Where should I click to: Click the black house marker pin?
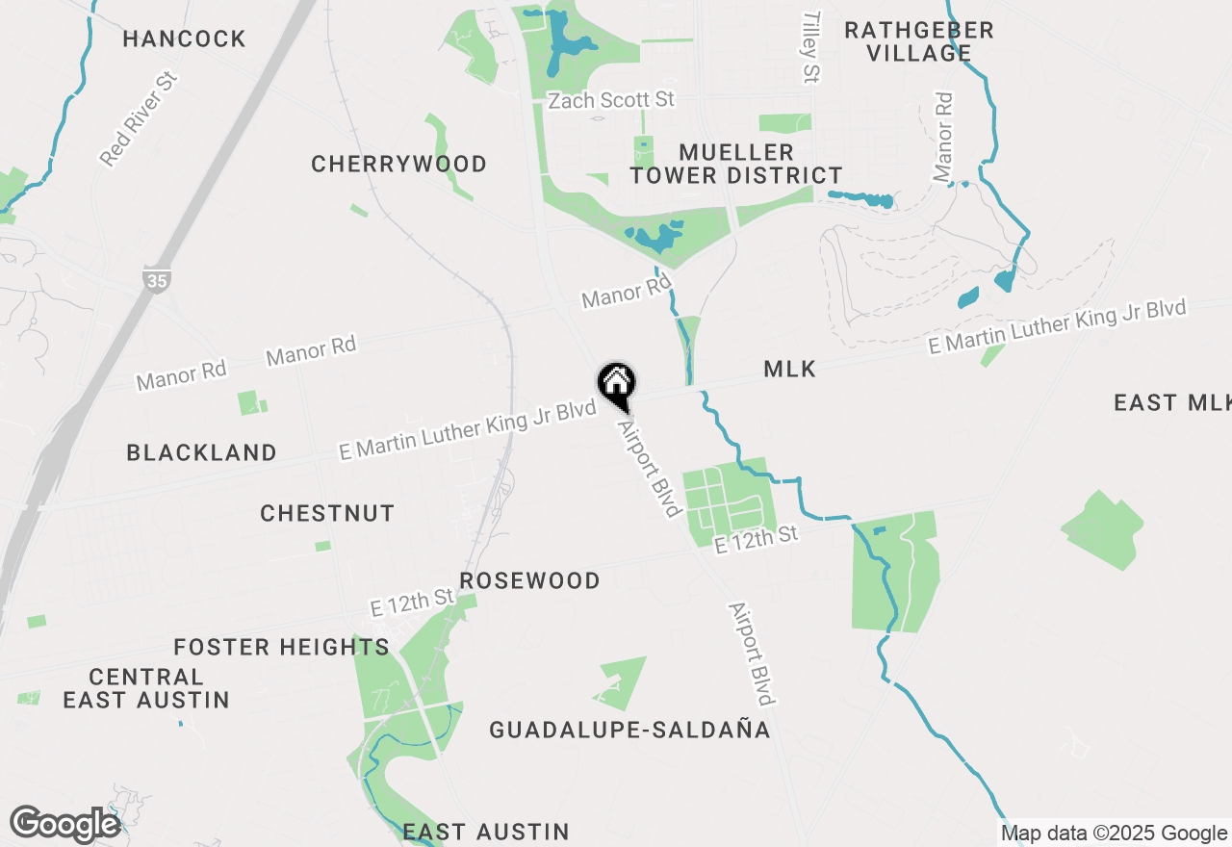[617, 383]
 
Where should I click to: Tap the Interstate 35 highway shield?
[154, 279]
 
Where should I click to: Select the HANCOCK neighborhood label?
[185, 39]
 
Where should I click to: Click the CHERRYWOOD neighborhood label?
[398, 164]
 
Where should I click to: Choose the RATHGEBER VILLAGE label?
[919, 41]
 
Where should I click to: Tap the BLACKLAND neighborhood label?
[202, 452]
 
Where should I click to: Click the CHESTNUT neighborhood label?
[327, 513]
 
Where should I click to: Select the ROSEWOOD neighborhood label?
[529, 580]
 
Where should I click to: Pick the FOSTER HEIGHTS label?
[281, 647]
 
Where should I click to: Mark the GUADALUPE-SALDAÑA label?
[629, 730]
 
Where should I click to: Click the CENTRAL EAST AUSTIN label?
[146, 688]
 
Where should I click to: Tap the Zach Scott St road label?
[610, 100]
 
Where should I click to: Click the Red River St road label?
[141, 117]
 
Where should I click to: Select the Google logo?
[65, 824]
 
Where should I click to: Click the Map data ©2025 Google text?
[1114, 834]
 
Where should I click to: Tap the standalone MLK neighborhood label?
[789, 369]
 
